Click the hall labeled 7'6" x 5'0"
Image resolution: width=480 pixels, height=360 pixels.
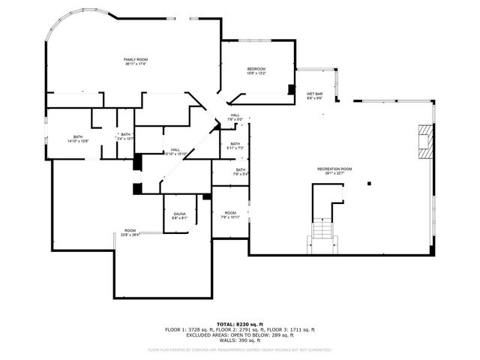235,116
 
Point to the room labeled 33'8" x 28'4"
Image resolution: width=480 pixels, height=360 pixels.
130,232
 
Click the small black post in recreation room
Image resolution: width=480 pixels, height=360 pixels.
368,184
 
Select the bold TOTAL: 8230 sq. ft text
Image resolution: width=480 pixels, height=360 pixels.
240,323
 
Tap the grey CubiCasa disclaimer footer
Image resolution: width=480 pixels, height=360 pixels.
240,349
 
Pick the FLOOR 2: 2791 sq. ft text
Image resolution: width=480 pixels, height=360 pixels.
240,329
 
